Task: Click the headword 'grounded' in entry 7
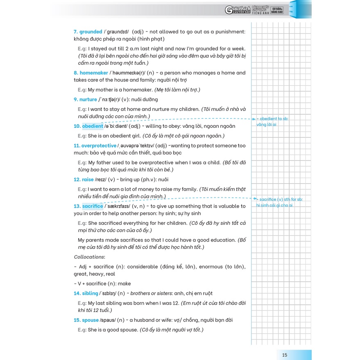(91, 32)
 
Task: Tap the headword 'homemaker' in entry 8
(93, 73)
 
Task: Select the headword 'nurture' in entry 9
(88, 100)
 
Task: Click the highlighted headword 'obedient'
(93, 126)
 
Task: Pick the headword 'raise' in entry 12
(88, 179)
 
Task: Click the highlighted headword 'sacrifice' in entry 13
(93, 206)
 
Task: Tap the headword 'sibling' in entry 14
(90, 293)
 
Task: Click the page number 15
(285, 354)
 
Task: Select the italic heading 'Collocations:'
(89, 257)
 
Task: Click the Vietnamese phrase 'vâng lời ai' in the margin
(267, 125)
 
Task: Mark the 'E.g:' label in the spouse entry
(82, 330)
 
